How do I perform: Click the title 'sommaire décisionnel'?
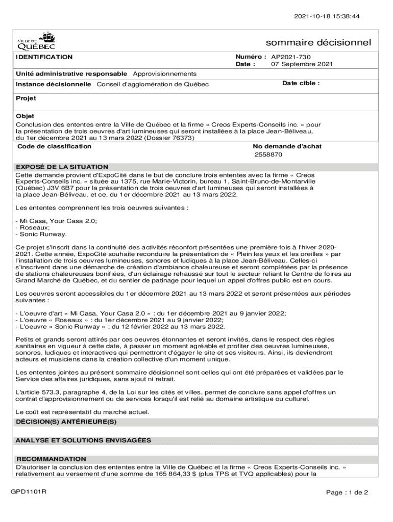[x=318, y=42]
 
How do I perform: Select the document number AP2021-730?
[x=291, y=57]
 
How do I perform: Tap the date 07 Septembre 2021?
[x=302, y=64]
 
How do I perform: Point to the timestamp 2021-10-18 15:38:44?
[x=327, y=16]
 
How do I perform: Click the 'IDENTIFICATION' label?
[x=44, y=57]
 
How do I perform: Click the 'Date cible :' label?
[x=301, y=83]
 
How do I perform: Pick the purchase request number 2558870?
[x=268, y=154]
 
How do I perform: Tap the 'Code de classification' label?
[x=55, y=146]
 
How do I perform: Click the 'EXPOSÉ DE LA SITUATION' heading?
[x=62, y=167]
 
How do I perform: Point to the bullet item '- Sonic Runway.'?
[x=41, y=234]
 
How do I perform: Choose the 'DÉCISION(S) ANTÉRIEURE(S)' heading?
[x=67, y=422]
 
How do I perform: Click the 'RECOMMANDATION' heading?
[x=51, y=459]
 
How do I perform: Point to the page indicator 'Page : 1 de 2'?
[x=347, y=492]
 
